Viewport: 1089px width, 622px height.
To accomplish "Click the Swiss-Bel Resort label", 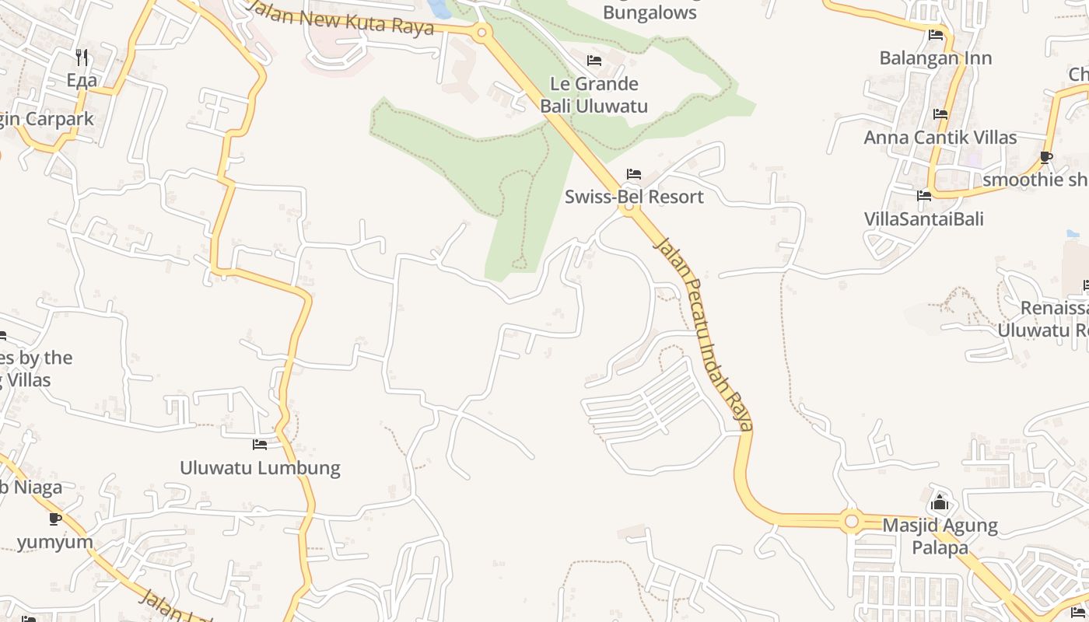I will (634, 197).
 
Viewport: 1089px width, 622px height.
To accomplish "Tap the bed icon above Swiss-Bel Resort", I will (634, 174).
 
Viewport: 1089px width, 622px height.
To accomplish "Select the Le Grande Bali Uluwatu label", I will (594, 95).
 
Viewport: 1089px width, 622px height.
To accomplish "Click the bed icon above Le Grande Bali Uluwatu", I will (594, 61).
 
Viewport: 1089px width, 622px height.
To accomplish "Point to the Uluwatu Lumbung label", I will (260, 468).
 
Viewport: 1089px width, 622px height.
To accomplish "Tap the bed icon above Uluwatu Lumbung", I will (260, 445).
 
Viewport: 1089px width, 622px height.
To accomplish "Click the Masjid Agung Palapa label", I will (940, 536).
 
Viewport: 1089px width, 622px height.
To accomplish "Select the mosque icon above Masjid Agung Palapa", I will (940, 503).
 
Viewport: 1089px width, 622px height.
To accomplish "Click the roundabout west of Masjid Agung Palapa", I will (851, 520).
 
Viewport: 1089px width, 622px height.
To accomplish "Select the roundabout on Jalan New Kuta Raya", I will (481, 33).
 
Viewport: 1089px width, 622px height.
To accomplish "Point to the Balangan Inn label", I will (936, 58).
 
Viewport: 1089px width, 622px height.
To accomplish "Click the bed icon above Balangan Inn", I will (936, 35).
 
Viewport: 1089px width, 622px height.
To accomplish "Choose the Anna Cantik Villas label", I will (940, 138).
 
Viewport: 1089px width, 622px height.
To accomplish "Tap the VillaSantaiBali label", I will (924, 218).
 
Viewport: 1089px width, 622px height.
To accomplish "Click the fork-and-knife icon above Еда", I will (82, 57).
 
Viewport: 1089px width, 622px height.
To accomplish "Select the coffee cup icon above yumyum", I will (54, 519).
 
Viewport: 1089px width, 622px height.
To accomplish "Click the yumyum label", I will (54, 542).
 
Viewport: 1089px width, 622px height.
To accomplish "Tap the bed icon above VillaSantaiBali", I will (924, 196).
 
